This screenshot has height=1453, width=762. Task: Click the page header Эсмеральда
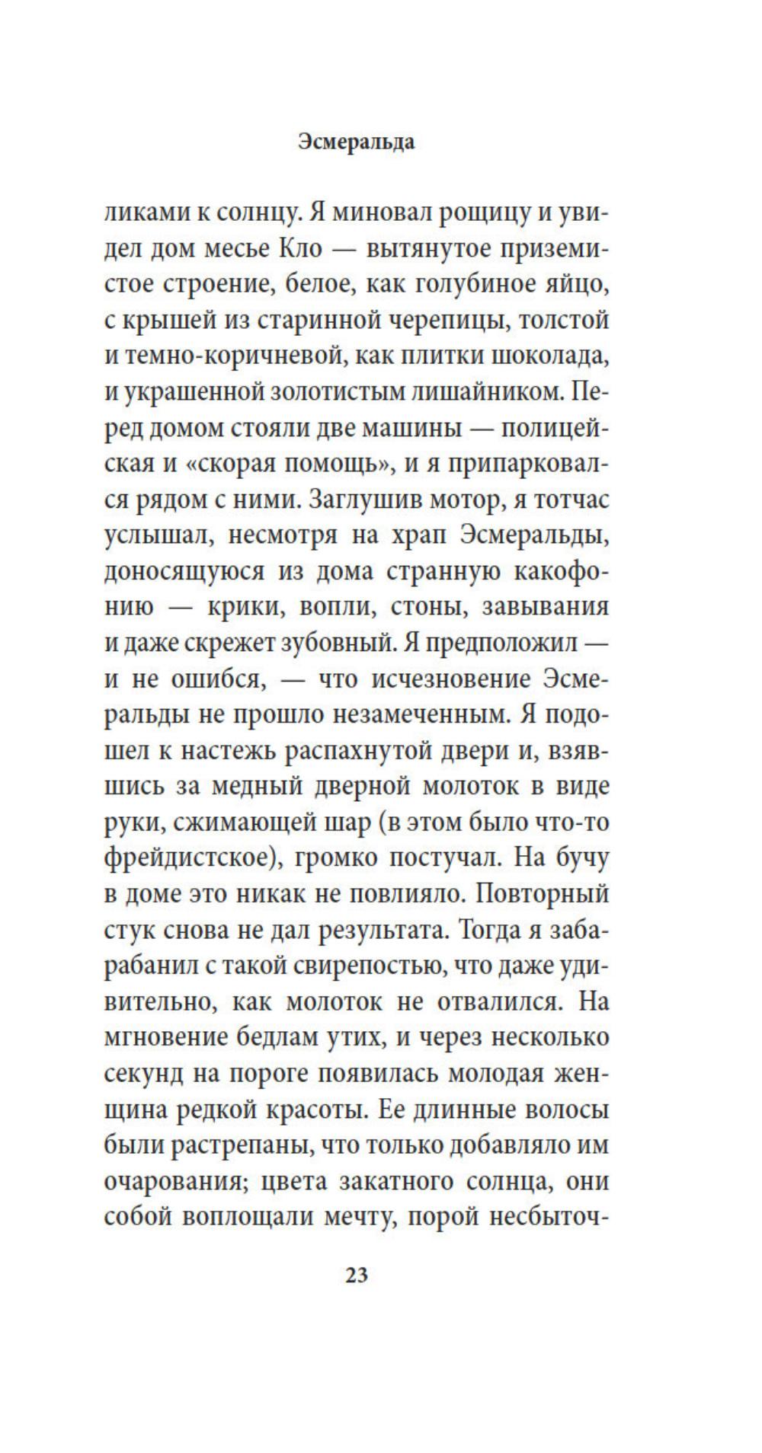coord(356,142)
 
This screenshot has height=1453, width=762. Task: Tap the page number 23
coord(357,1275)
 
